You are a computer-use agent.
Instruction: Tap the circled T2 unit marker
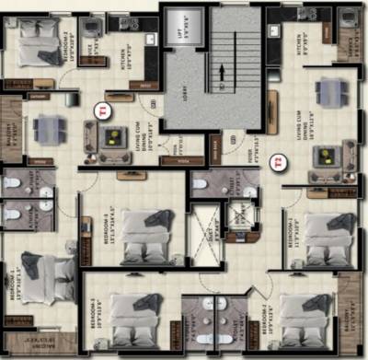(x=279, y=165)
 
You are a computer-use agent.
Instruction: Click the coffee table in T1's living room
(x=112, y=139)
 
